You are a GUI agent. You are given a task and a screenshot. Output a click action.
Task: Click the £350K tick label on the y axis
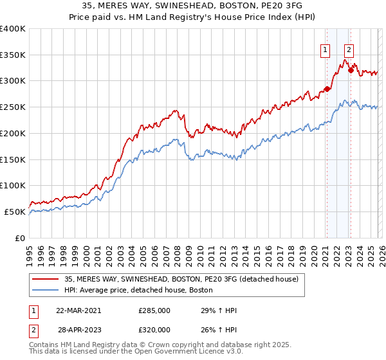[12, 55]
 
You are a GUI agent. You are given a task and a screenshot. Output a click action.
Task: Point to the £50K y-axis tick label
[15, 212]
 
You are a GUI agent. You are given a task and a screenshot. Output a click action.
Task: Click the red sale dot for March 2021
[327, 89]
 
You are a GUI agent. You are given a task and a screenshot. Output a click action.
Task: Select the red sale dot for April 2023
[351, 70]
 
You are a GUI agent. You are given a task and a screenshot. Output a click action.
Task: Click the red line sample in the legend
[45, 280]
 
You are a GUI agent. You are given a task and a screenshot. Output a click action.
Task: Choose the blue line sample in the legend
[45, 291]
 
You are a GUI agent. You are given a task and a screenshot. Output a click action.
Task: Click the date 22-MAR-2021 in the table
[78, 310]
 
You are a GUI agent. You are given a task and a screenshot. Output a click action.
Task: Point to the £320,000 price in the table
[154, 329]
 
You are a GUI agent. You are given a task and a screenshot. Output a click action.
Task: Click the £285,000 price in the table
[154, 310]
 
